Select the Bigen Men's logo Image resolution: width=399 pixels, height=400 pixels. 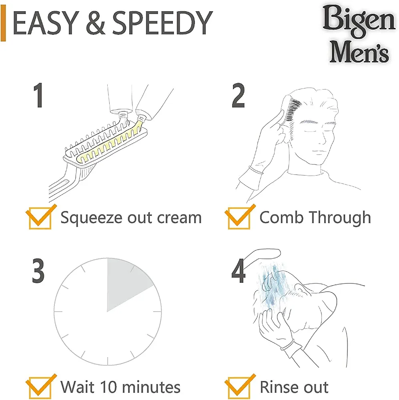tap(359, 34)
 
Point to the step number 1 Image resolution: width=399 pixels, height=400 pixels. tap(38, 95)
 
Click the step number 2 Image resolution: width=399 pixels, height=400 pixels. tap(238, 96)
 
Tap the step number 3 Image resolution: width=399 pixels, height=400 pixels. tap(38, 270)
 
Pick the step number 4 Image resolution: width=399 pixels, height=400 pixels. tap(239, 271)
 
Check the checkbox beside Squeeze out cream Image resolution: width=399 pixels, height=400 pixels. tap(40, 217)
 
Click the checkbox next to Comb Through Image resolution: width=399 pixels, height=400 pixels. tap(239, 217)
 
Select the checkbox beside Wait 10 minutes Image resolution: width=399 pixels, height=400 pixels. tap(40, 387)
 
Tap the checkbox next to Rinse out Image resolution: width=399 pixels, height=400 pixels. tap(239, 387)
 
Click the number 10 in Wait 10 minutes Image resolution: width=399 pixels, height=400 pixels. tap(110, 387)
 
